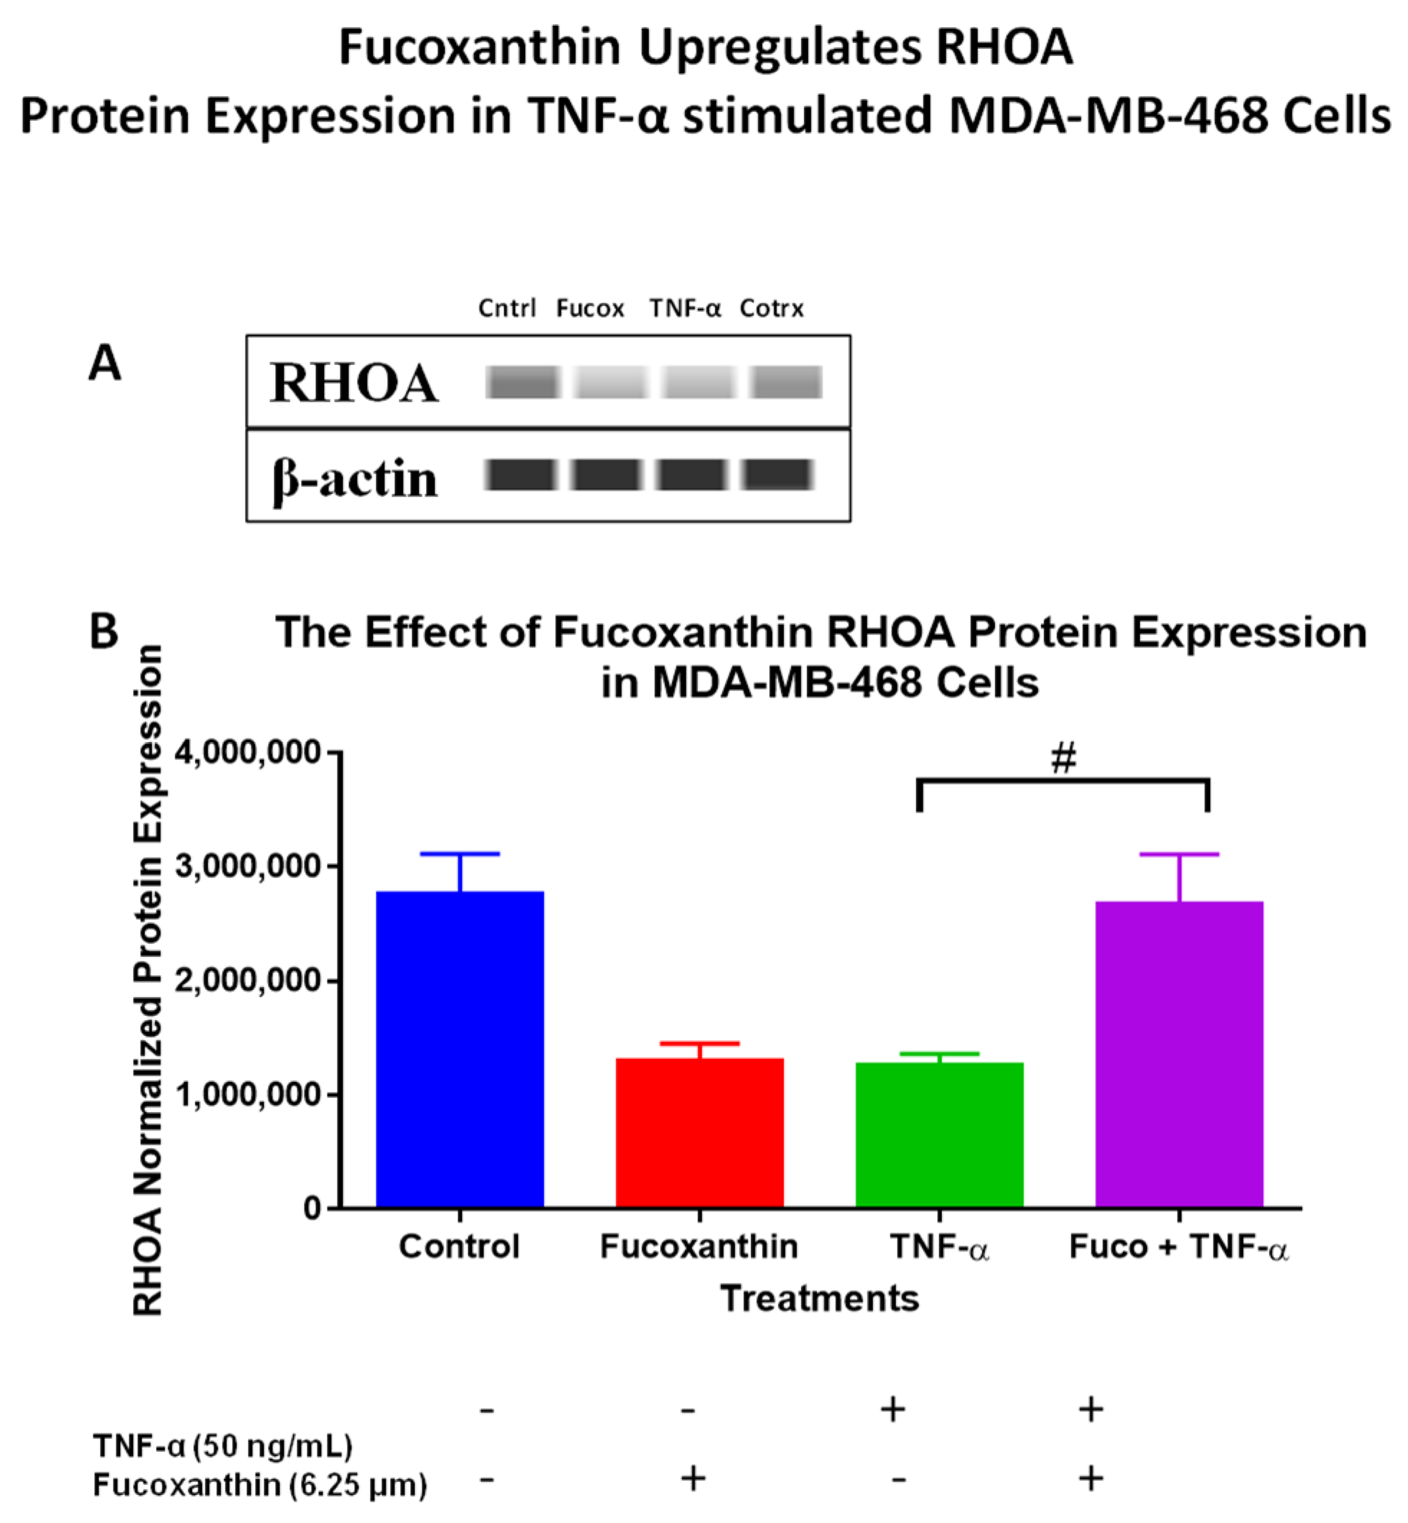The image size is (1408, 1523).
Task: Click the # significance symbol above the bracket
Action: pos(1063,759)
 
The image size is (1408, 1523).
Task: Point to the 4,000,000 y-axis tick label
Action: pos(248,752)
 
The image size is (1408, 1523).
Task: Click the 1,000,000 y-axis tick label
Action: pos(248,1095)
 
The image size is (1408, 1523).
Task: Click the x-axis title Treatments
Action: pos(820,1298)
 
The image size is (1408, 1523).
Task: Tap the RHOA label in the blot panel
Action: pos(354,383)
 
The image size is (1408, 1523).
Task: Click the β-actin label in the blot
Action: pos(355,478)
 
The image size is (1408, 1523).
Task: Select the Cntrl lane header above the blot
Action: pos(507,308)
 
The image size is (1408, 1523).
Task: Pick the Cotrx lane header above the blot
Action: pos(771,308)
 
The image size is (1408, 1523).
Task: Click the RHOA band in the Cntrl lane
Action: pos(523,382)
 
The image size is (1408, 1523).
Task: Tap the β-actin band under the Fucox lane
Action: pos(607,475)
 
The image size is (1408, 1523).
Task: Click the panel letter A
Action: pos(104,363)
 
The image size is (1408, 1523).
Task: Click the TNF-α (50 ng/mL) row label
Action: pos(223,1445)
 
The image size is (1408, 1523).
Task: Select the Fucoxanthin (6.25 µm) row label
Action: pos(260,1485)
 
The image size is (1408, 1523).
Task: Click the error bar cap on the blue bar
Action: pos(460,853)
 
